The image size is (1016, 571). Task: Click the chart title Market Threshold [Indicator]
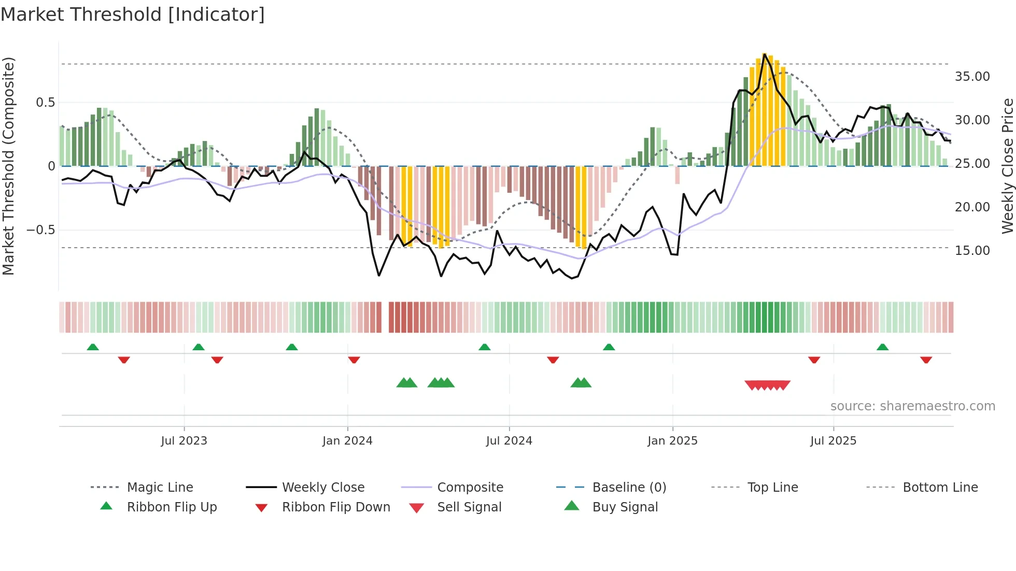(x=133, y=15)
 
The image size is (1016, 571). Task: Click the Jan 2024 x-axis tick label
(x=347, y=441)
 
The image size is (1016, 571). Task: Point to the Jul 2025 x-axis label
(x=833, y=441)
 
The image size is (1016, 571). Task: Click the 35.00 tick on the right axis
(x=972, y=77)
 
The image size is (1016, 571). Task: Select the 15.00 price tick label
(x=972, y=251)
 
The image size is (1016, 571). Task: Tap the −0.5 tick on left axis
(x=40, y=230)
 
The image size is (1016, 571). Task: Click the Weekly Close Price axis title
(x=1007, y=166)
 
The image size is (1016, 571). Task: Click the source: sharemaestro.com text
(x=912, y=406)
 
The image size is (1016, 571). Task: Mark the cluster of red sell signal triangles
(x=767, y=385)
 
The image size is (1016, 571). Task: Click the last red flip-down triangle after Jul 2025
(x=926, y=360)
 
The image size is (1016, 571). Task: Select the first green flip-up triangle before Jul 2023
(x=93, y=347)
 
